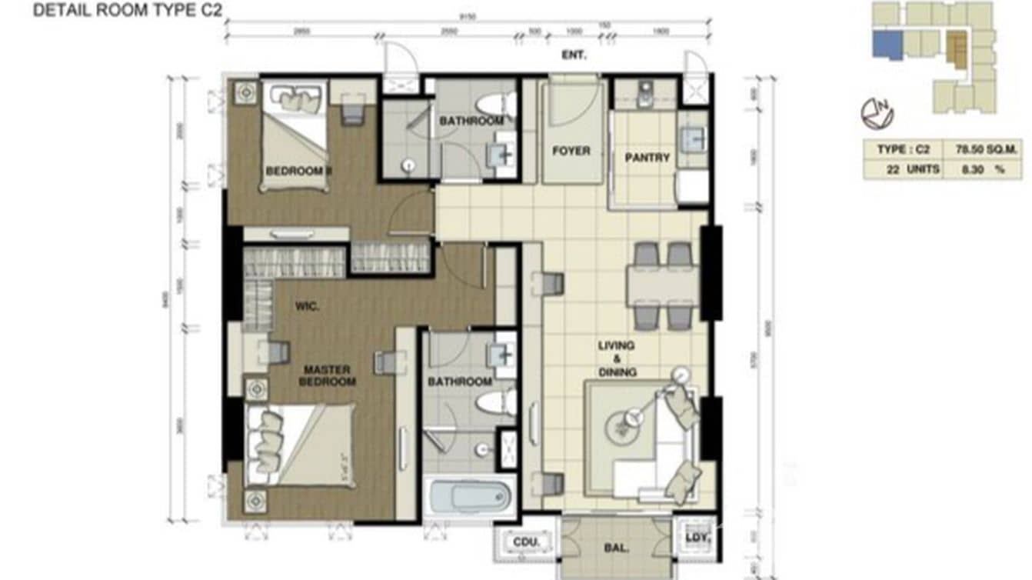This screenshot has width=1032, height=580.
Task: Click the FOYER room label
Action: point(571,151)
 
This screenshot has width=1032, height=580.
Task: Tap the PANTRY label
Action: point(647,158)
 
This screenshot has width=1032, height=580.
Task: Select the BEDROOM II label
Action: point(298,171)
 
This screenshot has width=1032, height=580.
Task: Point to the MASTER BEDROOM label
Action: point(328,375)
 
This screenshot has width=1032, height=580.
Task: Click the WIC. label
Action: point(307,305)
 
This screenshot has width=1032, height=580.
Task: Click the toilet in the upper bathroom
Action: point(492,105)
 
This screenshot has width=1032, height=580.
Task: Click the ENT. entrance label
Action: point(574,55)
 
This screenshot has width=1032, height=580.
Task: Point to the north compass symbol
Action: point(877,114)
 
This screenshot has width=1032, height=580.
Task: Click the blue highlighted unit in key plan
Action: point(887,45)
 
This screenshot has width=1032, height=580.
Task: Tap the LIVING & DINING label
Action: point(618,359)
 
